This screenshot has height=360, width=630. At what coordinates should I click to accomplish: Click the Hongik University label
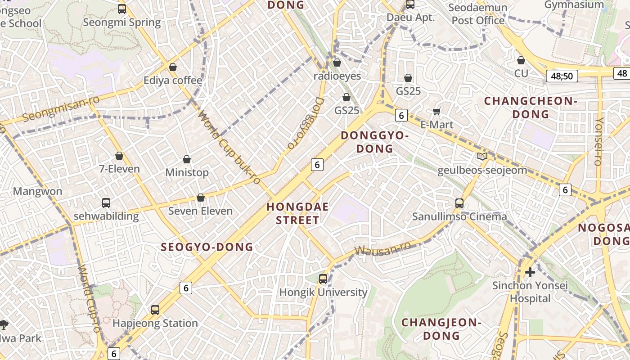(323, 292)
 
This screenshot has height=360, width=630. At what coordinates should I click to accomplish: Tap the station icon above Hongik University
(323, 279)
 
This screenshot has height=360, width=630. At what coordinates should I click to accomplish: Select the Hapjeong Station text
(155, 323)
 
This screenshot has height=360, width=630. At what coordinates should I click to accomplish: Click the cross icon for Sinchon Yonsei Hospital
(530, 272)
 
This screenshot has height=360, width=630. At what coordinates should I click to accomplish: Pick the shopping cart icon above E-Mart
(436, 111)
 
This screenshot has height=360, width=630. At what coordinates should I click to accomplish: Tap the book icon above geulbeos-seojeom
(482, 157)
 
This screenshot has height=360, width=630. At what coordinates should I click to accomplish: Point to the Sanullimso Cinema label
(459, 217)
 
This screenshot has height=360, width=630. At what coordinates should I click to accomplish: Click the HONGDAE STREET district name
(297, 214)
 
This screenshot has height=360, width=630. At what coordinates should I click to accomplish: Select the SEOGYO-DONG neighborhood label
(207, 247)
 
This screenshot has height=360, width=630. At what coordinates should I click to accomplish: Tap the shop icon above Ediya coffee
(173, 67)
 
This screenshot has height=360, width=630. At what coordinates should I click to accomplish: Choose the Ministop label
(187, 173)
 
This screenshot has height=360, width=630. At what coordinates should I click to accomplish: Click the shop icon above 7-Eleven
(119, 156)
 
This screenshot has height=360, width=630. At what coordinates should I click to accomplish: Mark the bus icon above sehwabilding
(106, 202)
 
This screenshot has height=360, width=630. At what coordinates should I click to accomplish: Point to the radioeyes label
(337, 76)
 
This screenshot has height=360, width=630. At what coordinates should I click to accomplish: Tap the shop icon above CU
(521, 60)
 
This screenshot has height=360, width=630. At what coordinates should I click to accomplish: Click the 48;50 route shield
(562, 76)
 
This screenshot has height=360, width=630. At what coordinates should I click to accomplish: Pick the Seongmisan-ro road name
(60, 108)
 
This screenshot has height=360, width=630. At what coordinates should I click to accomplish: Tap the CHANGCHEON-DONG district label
(531, 108)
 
